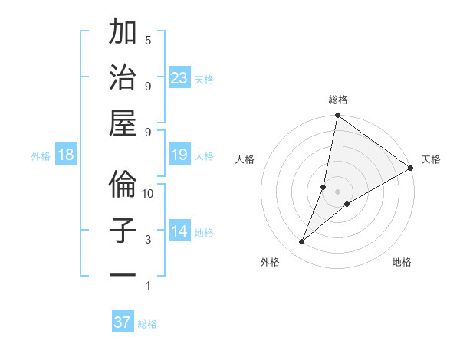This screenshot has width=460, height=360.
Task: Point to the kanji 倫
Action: tap(123, 184)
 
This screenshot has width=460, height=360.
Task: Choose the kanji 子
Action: tap(123, 231)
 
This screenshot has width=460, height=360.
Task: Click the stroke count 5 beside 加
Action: tap(148, 40)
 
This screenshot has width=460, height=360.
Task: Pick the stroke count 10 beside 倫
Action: tap(149, 193)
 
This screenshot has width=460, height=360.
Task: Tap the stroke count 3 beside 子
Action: tap(148, 240)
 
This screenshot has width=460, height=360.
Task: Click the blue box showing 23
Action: tap(179, 77)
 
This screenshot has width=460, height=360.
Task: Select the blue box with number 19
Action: tap(179, 155)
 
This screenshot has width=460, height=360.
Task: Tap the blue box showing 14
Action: tap(179, 231)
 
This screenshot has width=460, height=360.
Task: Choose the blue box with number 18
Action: tap(66, 155)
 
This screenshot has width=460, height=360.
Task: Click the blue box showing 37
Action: tap(123, 322)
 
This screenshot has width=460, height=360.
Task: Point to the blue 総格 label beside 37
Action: tap(147, 324)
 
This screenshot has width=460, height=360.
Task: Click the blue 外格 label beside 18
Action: tap(41, 156)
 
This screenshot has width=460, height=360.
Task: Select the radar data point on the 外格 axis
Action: tap(302, 242)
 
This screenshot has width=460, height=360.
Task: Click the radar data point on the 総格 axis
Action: tap(337, 116)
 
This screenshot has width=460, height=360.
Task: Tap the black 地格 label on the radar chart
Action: tap(402, 262)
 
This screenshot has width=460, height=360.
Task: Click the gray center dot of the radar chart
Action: tap(337, 191)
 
